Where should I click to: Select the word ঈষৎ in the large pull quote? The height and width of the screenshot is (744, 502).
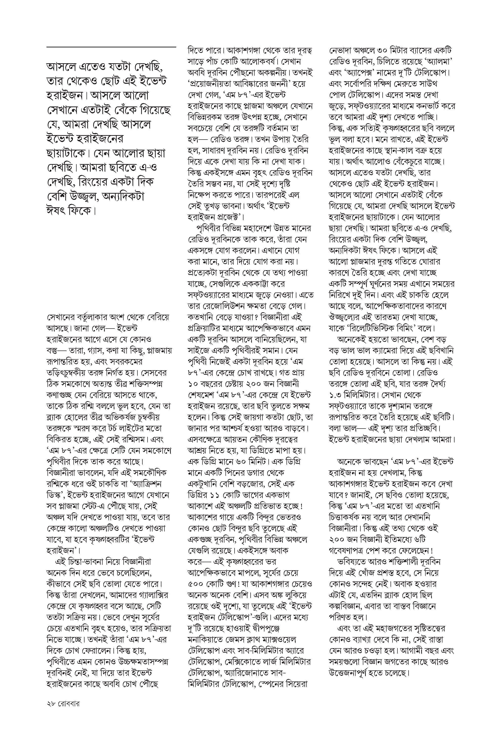click(56, 211)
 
